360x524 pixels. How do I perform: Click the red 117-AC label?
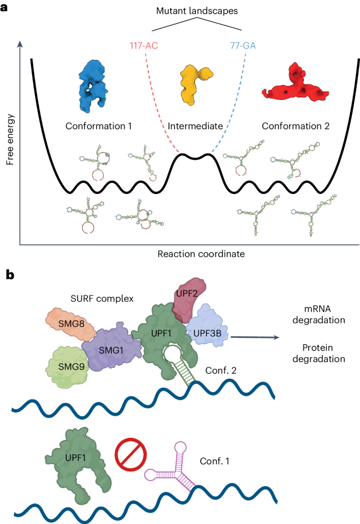145,45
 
